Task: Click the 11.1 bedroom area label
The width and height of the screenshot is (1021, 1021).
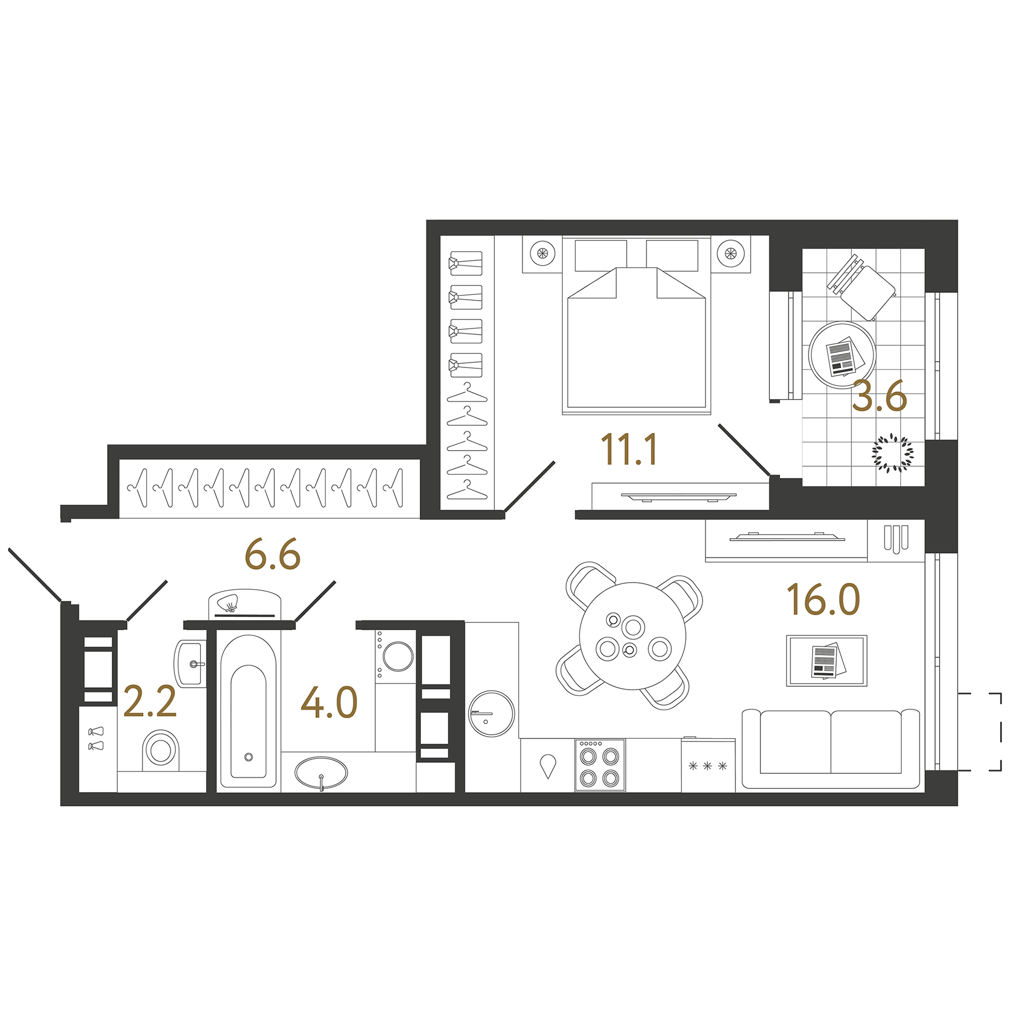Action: pyautogui.click(x=629, y=449)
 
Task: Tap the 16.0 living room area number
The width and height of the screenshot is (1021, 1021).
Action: pyautogui.click(x=823, y=599)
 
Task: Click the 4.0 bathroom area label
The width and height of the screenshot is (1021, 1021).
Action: pyautogui.click(x=329, y=702)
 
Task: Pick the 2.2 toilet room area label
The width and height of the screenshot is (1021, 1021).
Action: pyautogui.click(x=150, y=702)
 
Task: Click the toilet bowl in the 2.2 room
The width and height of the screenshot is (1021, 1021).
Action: pyautogui.click(x=161, y=749)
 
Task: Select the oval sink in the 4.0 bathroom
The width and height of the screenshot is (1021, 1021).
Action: pyautogui.click(x=321, y=774)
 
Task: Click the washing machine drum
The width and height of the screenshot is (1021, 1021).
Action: pyautogui.click(x=399, y=656)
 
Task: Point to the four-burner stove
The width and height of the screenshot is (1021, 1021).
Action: pyautogui.click(x=600, y=765)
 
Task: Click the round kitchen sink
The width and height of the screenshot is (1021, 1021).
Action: pyautogui.click(x=491, y=713)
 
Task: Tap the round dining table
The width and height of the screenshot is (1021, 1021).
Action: pyautogui.click(x=632, y=636)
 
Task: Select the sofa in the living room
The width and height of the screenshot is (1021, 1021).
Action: pyautogui.click(x=831, y=749)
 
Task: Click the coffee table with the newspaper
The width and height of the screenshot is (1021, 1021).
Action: pyautogui.click(x=826, y=661)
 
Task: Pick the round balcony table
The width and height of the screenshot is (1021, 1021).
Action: pyautogui.click(x=842, y=354)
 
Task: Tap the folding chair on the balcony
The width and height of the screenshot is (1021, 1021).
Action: pyautogui.click(x=861, y=287)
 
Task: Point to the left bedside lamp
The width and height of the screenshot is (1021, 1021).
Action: pyautogui.click(x=542, y=253)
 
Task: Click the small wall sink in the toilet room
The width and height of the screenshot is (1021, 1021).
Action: pyautogui.click(x=190, y=664)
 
